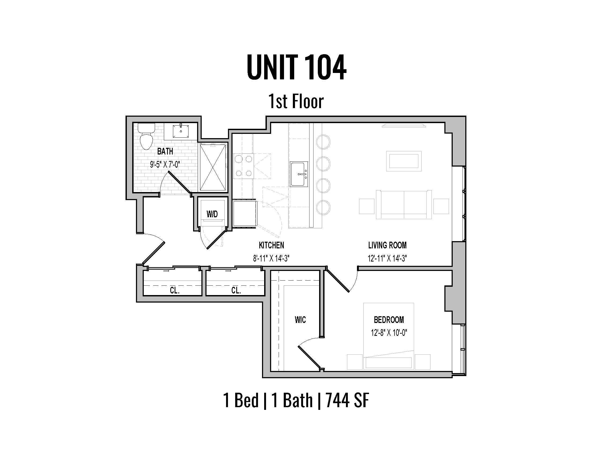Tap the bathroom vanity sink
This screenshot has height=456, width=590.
pyautogui.click(x=180, y=131)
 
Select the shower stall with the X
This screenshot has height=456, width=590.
pyautogui.click(x=213, y=167)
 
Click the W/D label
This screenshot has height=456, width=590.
pyautogui.click(x=212, y=215)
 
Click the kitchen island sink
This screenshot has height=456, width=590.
pyautogui.click(x=299, y=174)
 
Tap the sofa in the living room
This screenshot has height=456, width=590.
pyautogui.click(x=404, y=204)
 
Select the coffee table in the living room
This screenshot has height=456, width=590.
pyautogui.click(x=404, y=161)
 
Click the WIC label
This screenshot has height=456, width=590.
pyautogui.click(x=300, y=320)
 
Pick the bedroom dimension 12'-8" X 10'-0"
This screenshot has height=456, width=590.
pyautogui.click(x=389, y=333)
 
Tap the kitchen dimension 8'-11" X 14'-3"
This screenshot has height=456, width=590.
pyautogui.click(x=271, y=259)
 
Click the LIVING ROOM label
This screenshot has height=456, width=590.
pyautogui.click(x=387, y=245)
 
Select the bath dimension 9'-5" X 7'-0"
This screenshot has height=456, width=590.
pyautogui.click(x=165, y=164)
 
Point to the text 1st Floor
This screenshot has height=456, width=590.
pyautogui.click(x=296, y=102)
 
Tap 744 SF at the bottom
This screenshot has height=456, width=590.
pyautogui.click(x=347, y=400)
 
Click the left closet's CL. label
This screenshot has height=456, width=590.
pyautogui.click(x=175, y=290)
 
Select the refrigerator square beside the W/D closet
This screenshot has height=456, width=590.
pyautogui.click(x=245, y=214)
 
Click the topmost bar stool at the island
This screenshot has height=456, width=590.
pyautogui.click(x=323, y=142)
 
